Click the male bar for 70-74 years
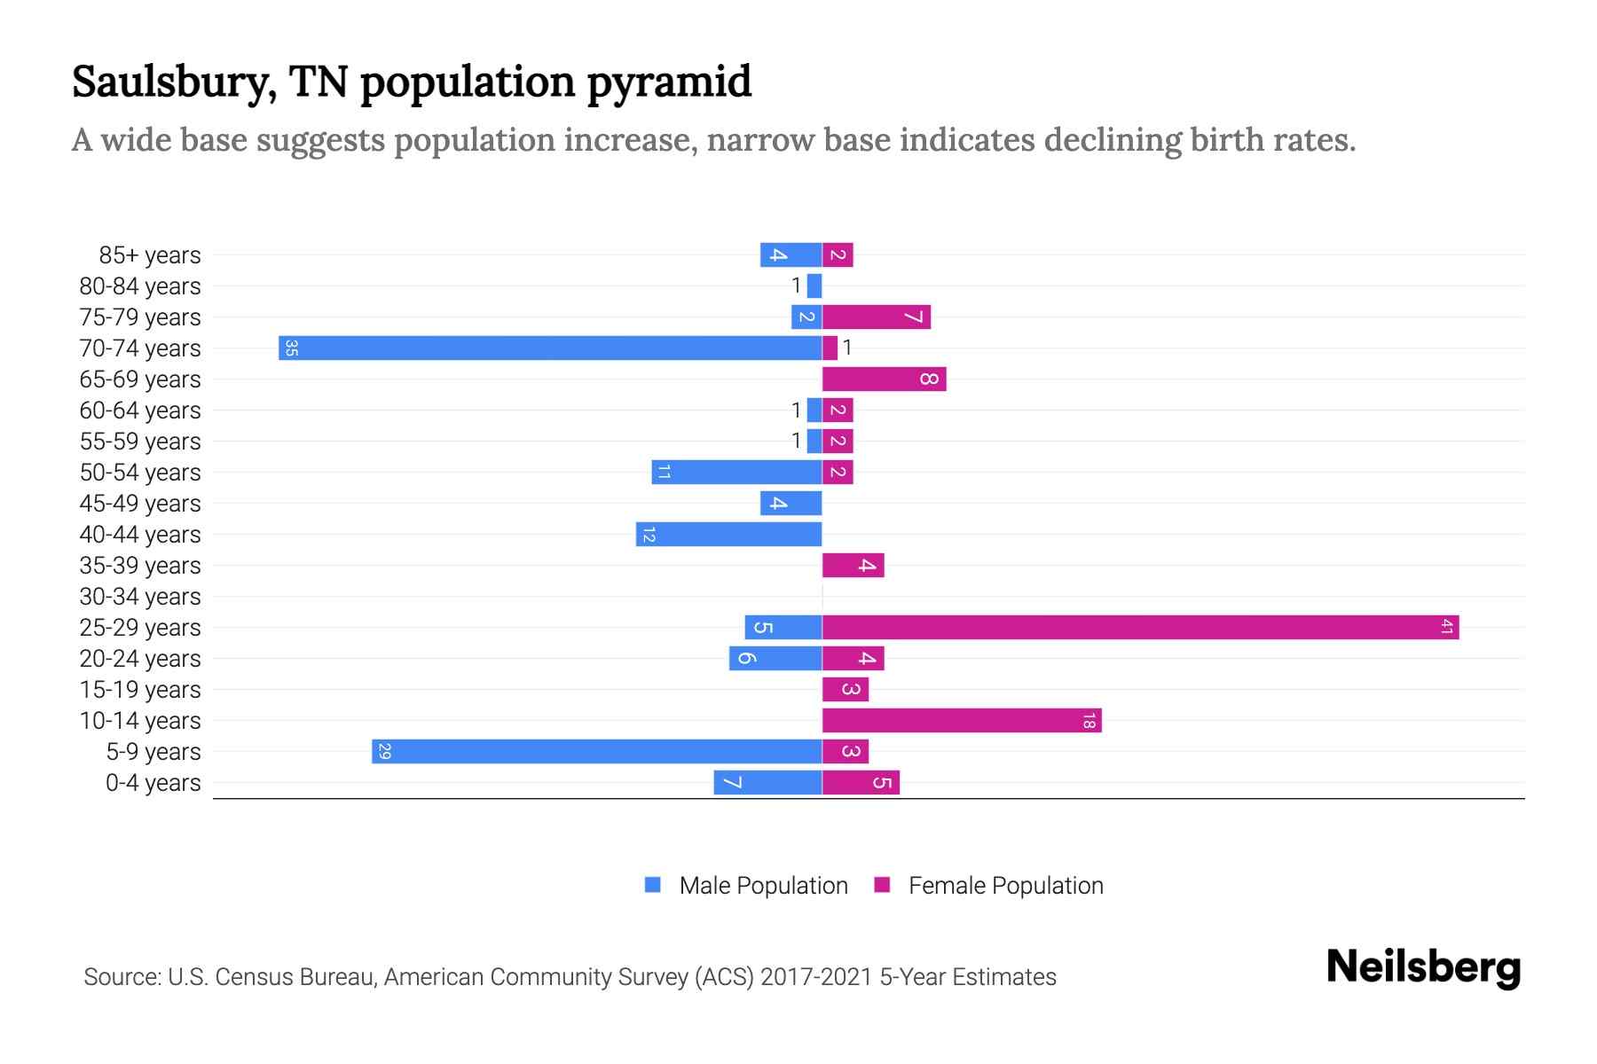click(x=550, y=348)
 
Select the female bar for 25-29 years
click(x=1140, y=627)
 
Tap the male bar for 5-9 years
click(x=596, y=751)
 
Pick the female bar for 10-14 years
click(x=962, y=720)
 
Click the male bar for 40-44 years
click(x=728, y=534)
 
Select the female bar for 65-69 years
click(x=884, y=379)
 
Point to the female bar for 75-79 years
click(x=876, y=317)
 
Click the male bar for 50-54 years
click(x=736, y=472)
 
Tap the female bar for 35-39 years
click(x=853, y=565)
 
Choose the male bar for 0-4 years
click(x=767, y=782)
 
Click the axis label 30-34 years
click(x=140, y=597)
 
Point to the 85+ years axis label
click(x=150, y=255)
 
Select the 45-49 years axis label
click(x=140, y=504)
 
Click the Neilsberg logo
click(x=1423, y=967)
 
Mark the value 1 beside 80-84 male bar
click(x=796, y=286)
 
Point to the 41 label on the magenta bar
click(x=1446, y=627)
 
